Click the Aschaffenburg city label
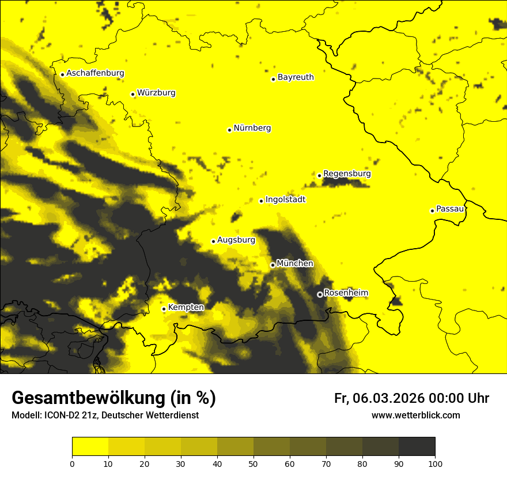click(x=95, y=73)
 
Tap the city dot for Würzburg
click(x=133, y=94)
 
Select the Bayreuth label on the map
click(x=296, y=77)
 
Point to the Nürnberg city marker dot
click(x=229, y=130)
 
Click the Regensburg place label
click(x=347, y=173)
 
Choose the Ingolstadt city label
click(x=285, y=199)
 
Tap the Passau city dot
click(x=432, y=211)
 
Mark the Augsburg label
click(x=236, y=240)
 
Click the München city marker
click(x=273, y=265)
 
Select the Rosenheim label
click(x=346, y=293)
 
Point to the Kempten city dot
click(x=164, y=309)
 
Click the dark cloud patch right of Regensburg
click(x=346, y=183)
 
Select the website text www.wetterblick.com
click(x=415, y=415)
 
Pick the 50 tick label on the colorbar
click(x=253, y=463)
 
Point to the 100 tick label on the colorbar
click(x=435, y=463)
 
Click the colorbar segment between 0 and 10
click(x=90, y=446)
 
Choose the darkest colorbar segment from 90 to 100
click(x=417, y=446)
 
